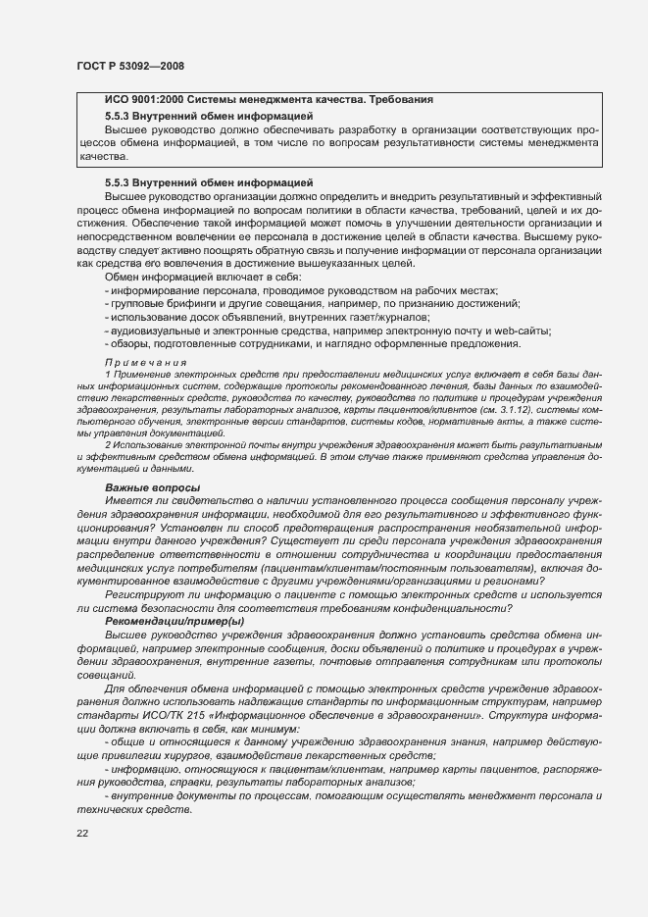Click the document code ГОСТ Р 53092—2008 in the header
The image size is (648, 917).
[129, 66]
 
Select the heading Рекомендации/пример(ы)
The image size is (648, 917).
[174, 621]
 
